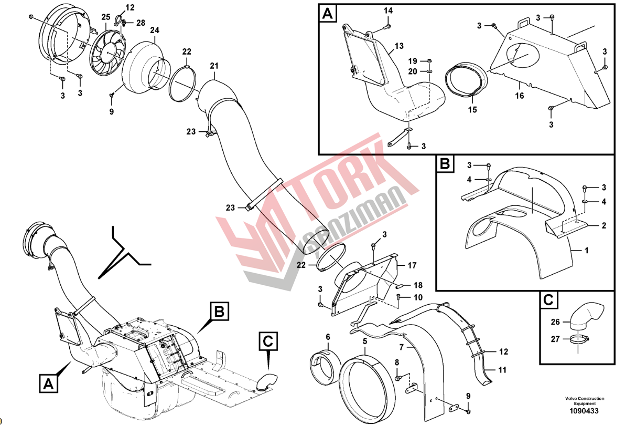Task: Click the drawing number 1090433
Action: (x=584, y=411)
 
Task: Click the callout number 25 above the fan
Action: (x=105, y=17)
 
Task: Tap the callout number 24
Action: (x=155, y=30)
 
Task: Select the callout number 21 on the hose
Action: (x=214, y=66)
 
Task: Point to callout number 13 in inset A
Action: (x=399, y=46)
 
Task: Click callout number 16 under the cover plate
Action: (x=519, y=96)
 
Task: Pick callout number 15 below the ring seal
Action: (x=472, y=109)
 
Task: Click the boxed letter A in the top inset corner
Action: (x=328, y=13)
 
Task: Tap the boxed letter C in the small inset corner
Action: (x=548, y=300)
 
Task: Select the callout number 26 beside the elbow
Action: (x=555, y=322)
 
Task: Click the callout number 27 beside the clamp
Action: (x=555, y=339)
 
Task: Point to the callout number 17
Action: (x=412, y=265)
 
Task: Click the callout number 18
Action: (x=418, y=285)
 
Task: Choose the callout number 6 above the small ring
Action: (x=328, y=337)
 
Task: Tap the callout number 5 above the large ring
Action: (x=365, y=341)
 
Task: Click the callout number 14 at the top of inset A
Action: (x=388, y=11)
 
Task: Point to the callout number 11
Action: (x=502, y=370)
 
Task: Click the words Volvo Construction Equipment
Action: (x=585, y=401)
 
